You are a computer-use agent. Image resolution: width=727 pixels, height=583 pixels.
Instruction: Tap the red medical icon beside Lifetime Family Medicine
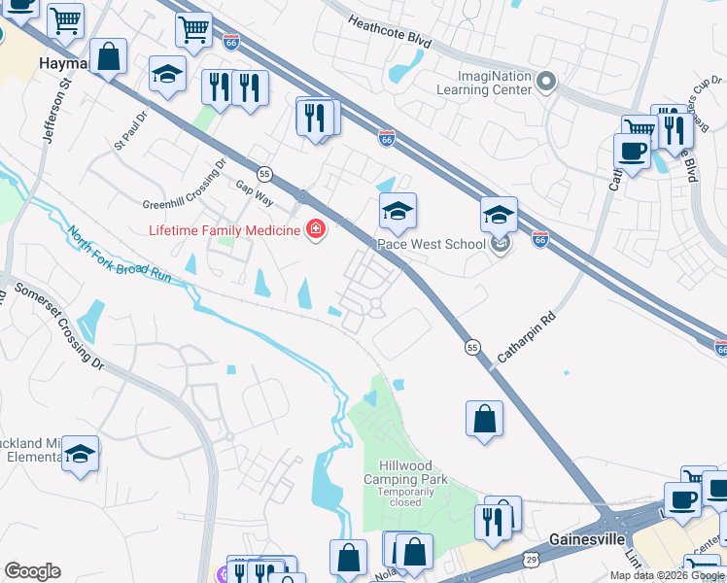(315, 230)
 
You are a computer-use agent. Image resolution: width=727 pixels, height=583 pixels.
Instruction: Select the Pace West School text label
(431, 244)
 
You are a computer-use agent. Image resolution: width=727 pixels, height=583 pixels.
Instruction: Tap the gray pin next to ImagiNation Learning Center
(547, 83)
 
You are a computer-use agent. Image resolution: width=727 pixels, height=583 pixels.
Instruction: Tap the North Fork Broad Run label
(119, 256)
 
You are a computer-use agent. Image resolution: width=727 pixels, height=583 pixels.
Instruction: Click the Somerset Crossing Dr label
(58, 326)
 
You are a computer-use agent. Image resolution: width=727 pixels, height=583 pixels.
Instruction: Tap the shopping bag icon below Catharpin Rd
(484, 420)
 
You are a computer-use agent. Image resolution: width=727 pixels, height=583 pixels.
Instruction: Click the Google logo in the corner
(32, 571)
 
